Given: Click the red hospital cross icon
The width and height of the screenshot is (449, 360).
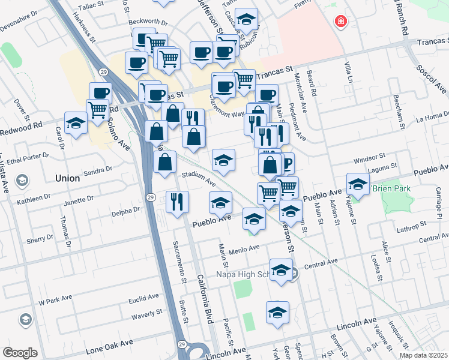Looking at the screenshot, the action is pyautogui.click(x=342, y=22).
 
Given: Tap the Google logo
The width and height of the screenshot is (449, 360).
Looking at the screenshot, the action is pyautogui.click(x=20, y=353).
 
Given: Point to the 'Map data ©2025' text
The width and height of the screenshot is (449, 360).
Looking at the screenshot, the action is pyautogui.click(x=424, y=355).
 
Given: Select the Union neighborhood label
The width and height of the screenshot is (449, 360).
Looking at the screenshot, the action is pyautogui.click(x=67, y=178).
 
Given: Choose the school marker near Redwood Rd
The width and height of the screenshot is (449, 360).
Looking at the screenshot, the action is pyautogui.click(x=76, y=123).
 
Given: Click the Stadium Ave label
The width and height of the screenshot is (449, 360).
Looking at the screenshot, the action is pyautogui.click(x=199, y=178).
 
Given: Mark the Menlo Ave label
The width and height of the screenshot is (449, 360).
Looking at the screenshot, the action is pyautogui.click(x=243, y=247).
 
